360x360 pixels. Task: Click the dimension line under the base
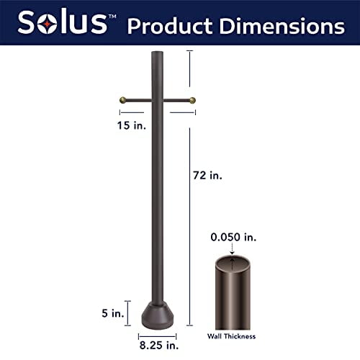click(x=158, y=334)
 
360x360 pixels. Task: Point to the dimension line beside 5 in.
click(x=128, y=311)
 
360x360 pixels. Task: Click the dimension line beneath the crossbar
click(x=158, y=112)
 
